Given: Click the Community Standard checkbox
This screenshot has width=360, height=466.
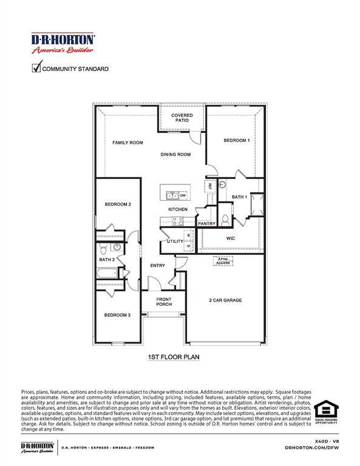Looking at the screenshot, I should [x=36, y=69].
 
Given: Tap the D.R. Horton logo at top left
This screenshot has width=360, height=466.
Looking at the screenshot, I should [x=63, y=44].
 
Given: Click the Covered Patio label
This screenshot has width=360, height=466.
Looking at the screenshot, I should [x=182, y=118].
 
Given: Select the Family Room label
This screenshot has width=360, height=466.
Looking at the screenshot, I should [x=127, y=143].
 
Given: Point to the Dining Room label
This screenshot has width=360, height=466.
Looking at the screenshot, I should [x=175, y=155].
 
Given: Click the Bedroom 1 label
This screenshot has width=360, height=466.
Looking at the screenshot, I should [x=237, y=141].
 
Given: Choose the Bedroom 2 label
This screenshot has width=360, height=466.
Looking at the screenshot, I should [x=118, y=204].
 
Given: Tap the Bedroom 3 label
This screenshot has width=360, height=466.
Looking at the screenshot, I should [x=117, y=315].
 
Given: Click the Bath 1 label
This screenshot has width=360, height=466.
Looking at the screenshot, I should [x=239, y=197].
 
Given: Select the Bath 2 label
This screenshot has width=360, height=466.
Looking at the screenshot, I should [x=107, y=260].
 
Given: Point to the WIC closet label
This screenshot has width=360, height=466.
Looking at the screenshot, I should [x=231, y=238].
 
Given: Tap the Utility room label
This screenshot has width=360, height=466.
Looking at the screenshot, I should [x=175, y=241].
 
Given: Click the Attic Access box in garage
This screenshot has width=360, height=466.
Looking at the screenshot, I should [x=221, y=261].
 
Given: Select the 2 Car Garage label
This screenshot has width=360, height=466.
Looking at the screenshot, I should [x=225, y=300].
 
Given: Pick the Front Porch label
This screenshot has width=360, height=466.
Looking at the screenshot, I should [x=164, y=302].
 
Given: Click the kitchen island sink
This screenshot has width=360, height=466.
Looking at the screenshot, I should [x=172, y=195].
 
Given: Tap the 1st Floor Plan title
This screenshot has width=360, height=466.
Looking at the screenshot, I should [x=174, y=357].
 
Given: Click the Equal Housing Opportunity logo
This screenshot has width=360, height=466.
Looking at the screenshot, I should [x=325, y=411].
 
